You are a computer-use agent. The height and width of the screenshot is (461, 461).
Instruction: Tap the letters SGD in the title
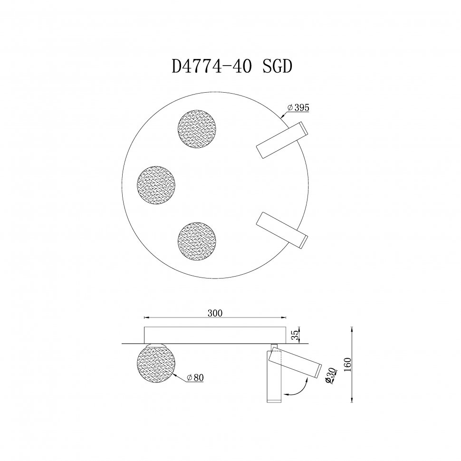point(277,67)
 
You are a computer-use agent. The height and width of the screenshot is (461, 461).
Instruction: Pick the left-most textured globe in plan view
point(156,184)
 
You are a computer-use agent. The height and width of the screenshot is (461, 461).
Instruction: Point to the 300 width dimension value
point(215,313)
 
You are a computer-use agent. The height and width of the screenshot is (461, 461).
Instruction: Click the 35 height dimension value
point(295,335)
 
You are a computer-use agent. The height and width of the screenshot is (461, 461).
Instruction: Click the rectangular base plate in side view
point(215,335)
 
